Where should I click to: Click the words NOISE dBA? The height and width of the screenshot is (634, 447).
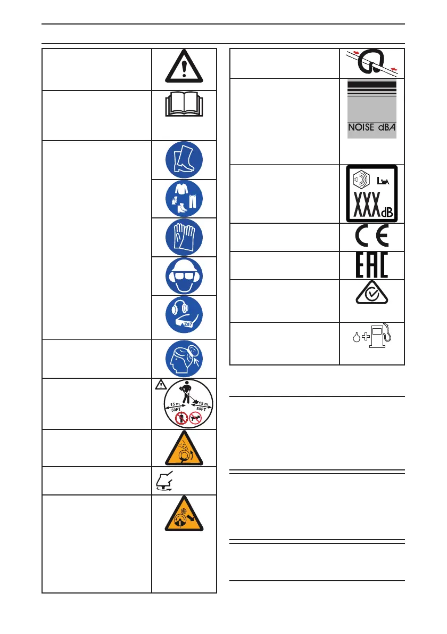pyautogui.click(x=371, y=128)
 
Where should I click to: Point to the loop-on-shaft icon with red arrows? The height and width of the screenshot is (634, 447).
pyautogui.click(x=371, y=62)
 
